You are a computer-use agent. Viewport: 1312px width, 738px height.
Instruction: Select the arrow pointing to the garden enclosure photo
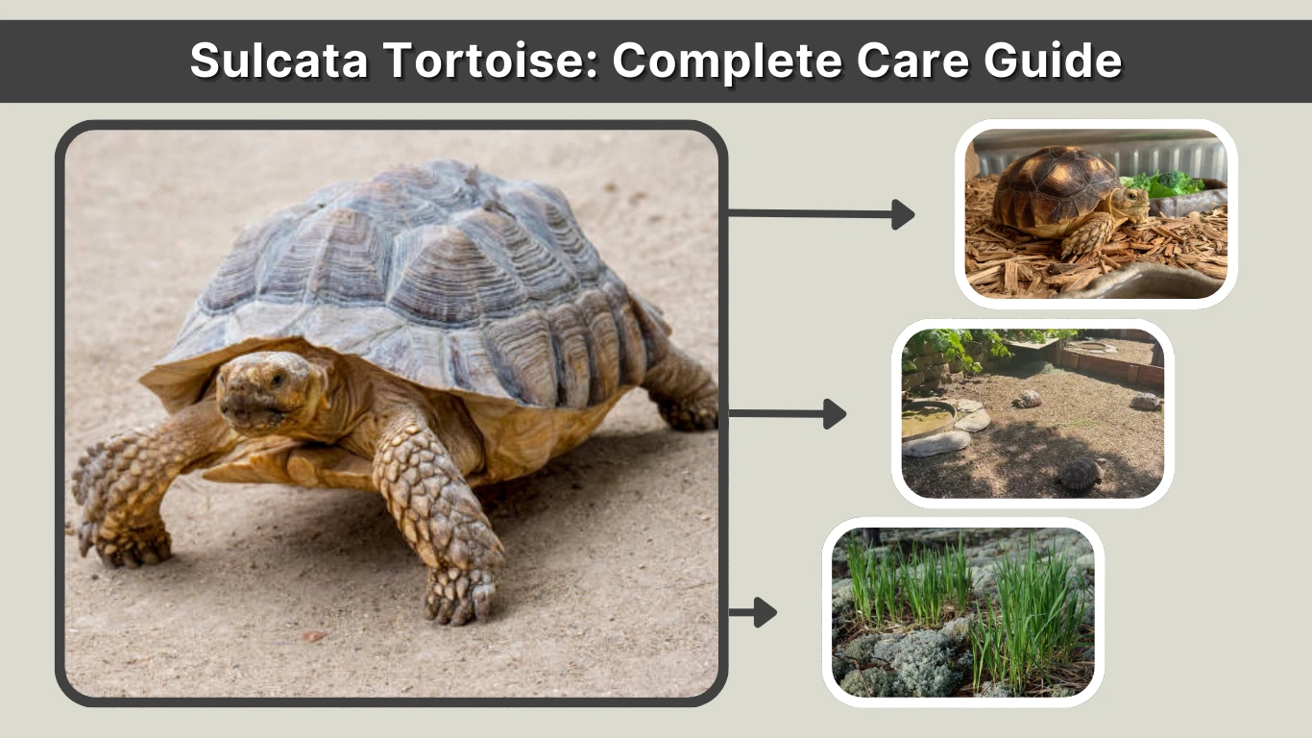click(x=788, y=414)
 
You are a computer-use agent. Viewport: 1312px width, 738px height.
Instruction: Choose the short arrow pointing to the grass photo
click(x=753, y=612)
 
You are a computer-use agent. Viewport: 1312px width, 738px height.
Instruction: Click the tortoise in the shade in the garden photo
click(x=1081, y=473)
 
